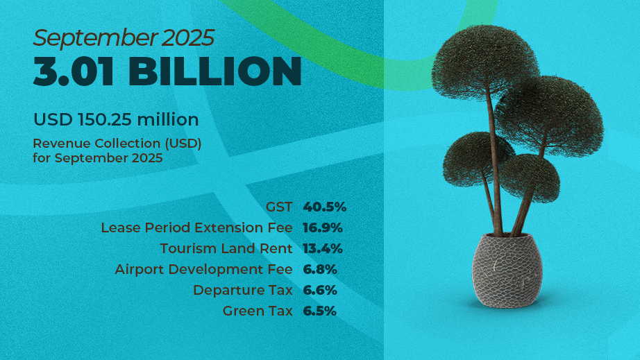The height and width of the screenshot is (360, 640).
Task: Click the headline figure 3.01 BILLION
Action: (167, 71)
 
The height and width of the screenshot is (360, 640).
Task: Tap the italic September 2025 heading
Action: (124, 38)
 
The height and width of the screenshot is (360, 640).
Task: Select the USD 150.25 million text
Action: (116, 119)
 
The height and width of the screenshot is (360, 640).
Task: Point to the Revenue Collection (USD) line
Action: (117, 144)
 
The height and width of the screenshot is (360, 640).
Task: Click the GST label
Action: (279, 207)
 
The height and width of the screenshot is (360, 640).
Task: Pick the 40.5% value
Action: (324, 207)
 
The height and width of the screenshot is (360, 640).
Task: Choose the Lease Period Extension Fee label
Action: (196, 228)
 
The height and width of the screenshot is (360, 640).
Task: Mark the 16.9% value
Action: (323, 228)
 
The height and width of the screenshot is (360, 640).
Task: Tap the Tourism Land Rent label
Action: (226, 248)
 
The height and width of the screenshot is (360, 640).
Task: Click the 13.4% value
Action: (323, 249)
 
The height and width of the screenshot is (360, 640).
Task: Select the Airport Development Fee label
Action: (203, 270)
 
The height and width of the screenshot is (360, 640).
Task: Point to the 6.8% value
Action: (320, 270)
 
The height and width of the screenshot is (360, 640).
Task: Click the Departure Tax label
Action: (243, 290)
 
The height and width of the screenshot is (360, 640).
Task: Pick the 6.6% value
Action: (320, 290)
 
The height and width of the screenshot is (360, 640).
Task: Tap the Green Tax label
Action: (258, 311)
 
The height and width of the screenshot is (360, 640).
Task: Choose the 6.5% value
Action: (319, 311)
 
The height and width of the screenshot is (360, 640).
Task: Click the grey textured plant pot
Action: (507, 271)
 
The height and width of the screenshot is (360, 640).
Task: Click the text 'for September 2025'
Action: (98, 157)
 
